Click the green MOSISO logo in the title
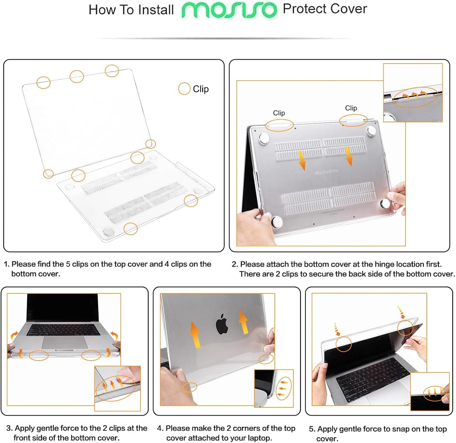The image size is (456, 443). (x=229, y=10)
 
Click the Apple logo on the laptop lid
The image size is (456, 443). (x=222, y=324)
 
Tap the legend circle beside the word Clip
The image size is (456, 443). (x=184, y=89)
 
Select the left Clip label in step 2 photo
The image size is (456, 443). (x=279, y=113)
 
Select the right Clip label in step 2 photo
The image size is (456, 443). (x=351, y=108)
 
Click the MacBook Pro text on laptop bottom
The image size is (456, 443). (x=327, y=172)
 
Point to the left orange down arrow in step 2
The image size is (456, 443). (x=302, y=161)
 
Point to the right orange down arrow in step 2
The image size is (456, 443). (x=349, y=156)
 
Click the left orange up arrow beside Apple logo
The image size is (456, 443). (x=195, y=334)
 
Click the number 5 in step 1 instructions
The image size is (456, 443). (x=68, y=264)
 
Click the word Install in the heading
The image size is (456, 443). (x=156, y=10)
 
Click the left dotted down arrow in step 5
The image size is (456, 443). (x=337, y=329)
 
